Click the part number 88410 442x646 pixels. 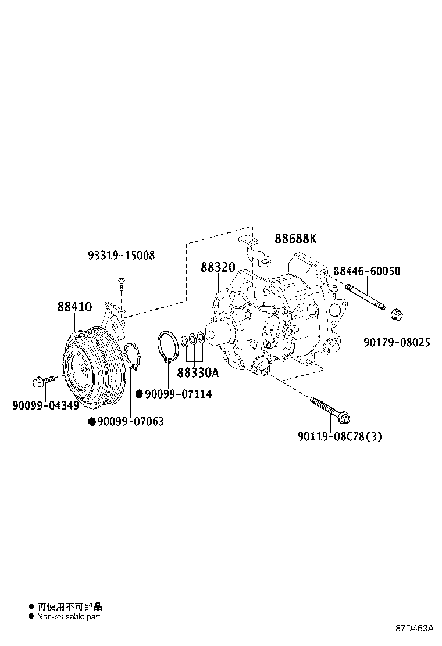(x=74, y=307)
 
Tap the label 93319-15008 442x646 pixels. (x=122, y=256)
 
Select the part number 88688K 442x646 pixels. (x=295, y=239)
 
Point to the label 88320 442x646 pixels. (x=218, y=267)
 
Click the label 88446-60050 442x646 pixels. (x=366, y=271)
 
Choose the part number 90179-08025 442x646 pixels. (x=397, y=343)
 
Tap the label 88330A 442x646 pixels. (x=198, y=372)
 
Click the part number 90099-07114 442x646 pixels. (x=178, y=394)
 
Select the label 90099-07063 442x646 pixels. (x=130, y=422)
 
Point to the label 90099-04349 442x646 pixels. (x=45, y=405)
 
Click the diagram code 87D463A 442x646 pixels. (x=415, y=629)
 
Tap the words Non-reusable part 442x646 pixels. (x=69, y=616)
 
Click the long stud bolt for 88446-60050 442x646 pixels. (x=365, y=297)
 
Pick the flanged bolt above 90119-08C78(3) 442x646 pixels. (x=330, y=408)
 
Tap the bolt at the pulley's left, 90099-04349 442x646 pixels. (x=41, y=381)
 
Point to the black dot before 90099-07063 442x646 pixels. (x=91, y=422)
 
